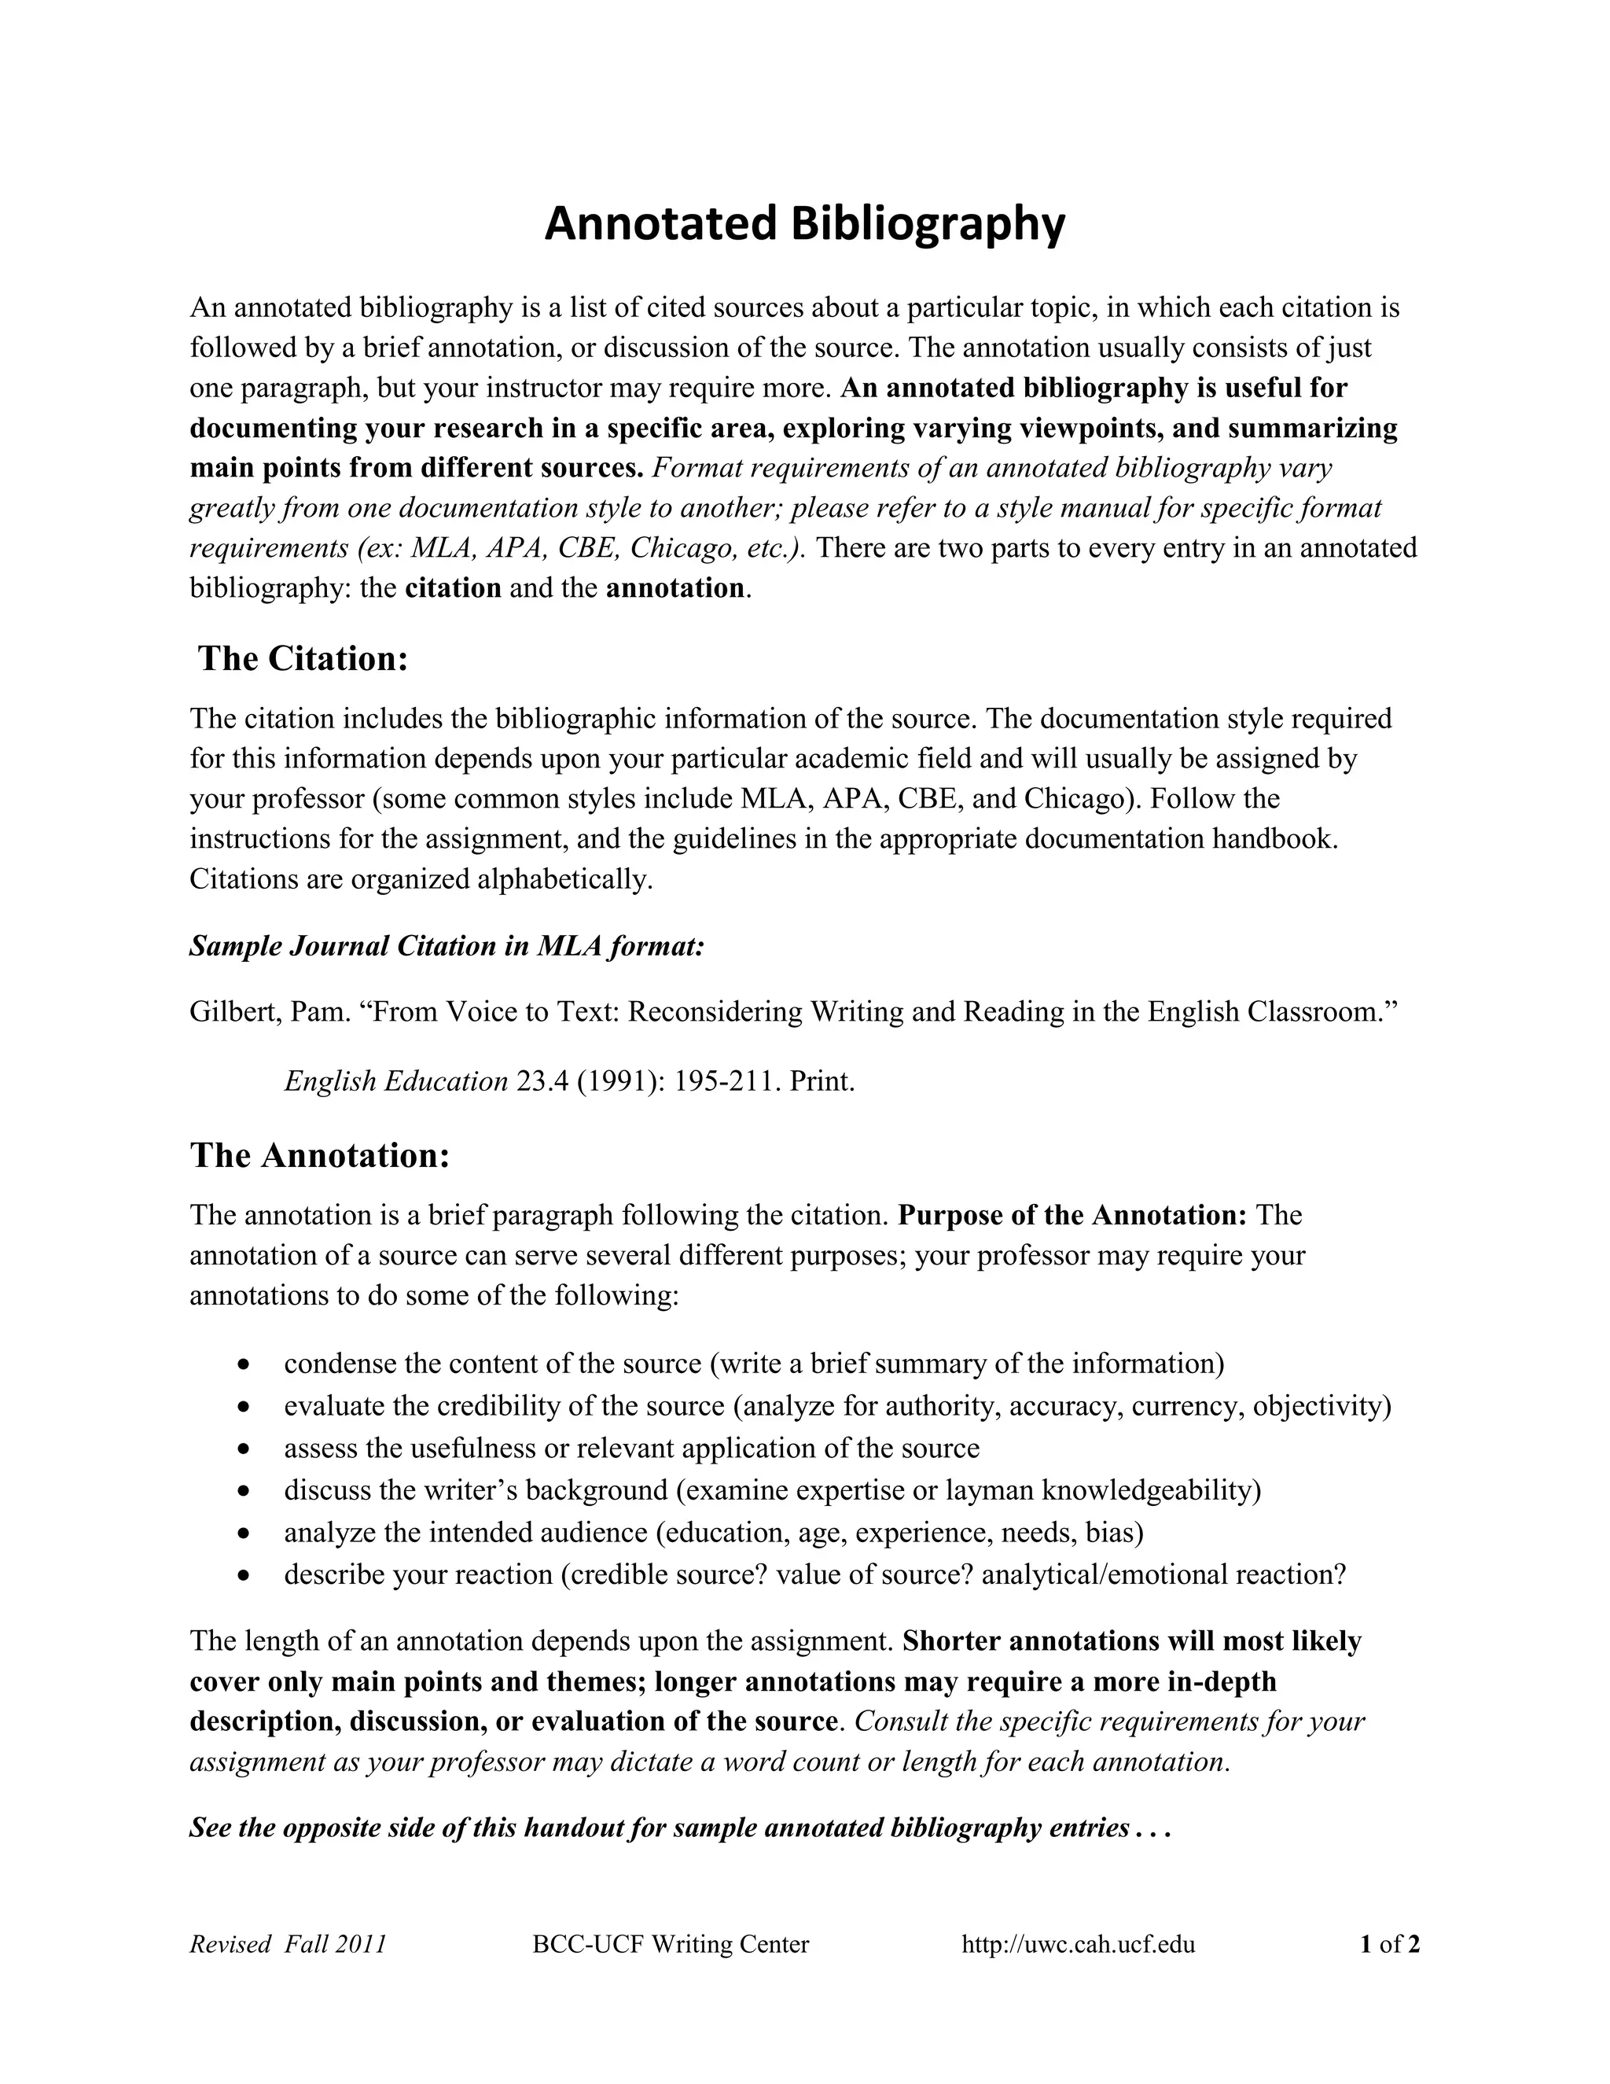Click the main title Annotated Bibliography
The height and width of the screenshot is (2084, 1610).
click(804, 225)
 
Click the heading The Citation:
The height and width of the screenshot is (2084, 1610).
click(303, 658)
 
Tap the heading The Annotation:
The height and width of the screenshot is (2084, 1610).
click(319, 1154)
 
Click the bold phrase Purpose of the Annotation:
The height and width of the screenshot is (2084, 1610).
click(1073, 1215)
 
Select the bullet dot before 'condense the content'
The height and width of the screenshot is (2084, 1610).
click(246, 1365)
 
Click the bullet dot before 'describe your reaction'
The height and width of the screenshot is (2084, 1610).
click(246, 1575)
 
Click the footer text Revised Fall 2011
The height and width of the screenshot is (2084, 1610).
click(288, 1944)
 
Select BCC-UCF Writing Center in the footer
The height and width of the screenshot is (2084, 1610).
click(671, 1944)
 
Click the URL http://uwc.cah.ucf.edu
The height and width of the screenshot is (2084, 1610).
click(1078, 1944)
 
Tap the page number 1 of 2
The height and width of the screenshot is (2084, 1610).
click(1390, 1944)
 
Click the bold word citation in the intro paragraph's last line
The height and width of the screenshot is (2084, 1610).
click(453, 587)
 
